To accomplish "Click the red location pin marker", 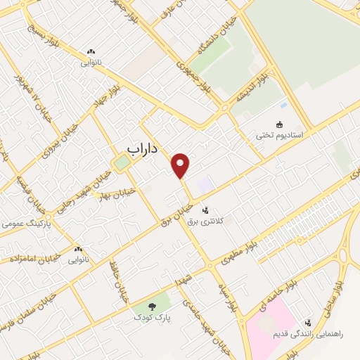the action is (x=181, y=165).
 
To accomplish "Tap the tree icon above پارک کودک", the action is (x=153, y=305).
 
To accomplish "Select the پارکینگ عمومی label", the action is (x=22, y=224).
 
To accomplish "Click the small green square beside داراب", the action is (x=122, y=162).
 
